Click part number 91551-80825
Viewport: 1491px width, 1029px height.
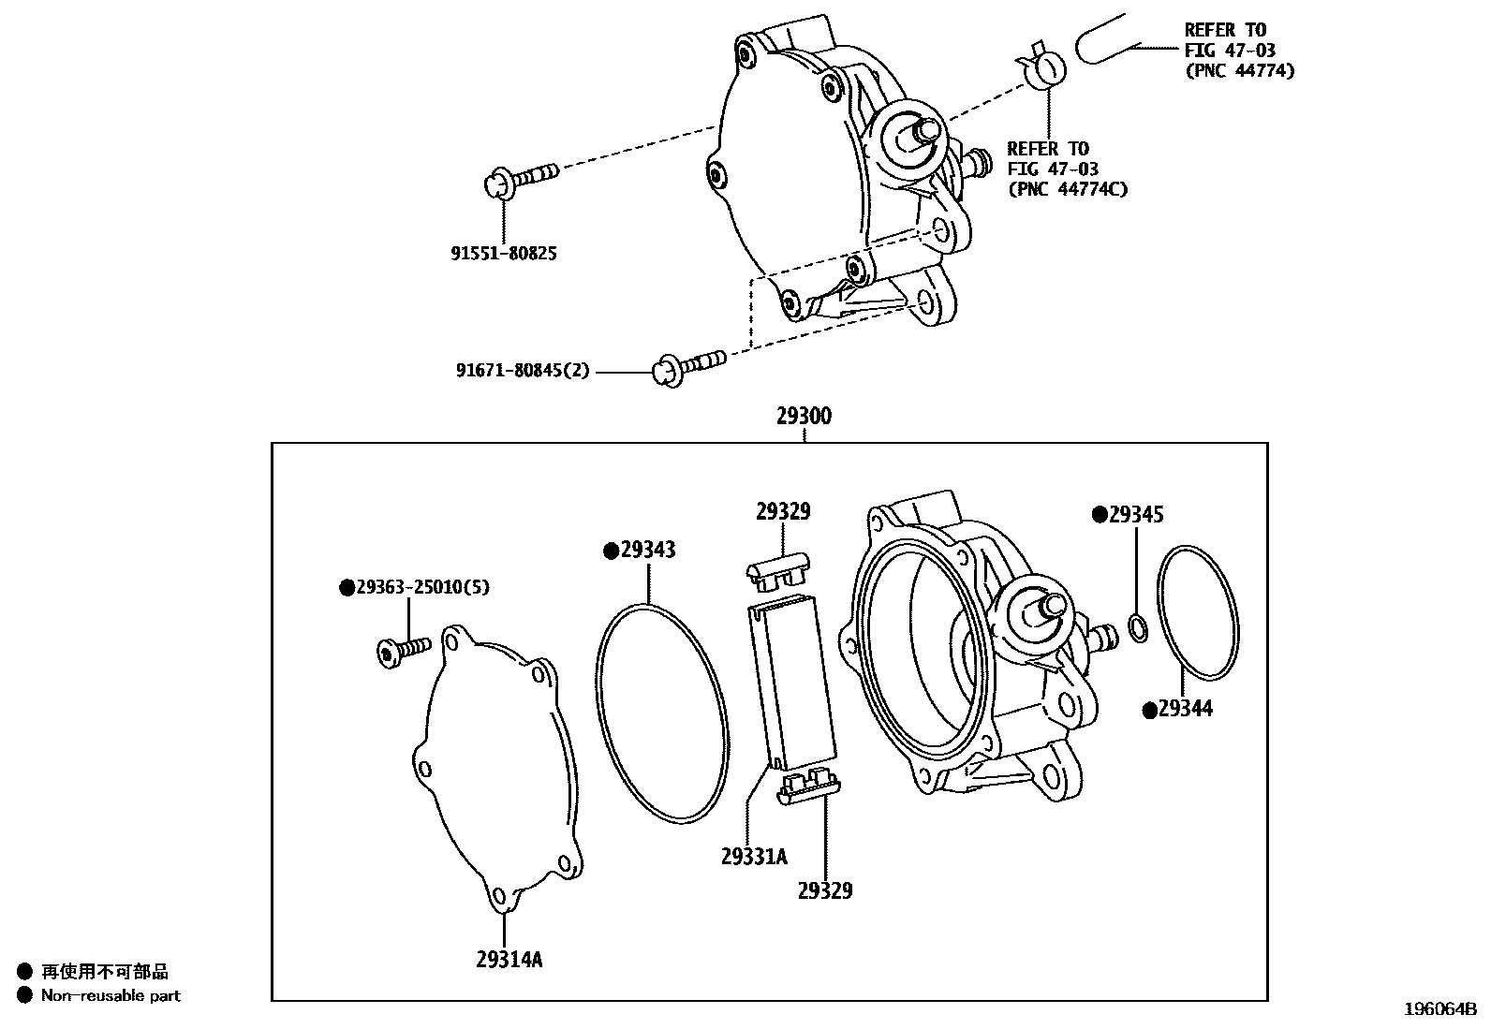[503, 253]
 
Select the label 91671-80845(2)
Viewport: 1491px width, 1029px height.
[523, 371]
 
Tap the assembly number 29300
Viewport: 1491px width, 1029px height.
[803, 416]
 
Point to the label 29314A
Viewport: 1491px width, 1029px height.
[509, 959]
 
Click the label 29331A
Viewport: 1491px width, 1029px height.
[754, 856]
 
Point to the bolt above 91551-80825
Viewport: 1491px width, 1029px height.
[522, 177]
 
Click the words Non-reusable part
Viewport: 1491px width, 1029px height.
[111, 996]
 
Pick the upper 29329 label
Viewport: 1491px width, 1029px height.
[783, 511]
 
